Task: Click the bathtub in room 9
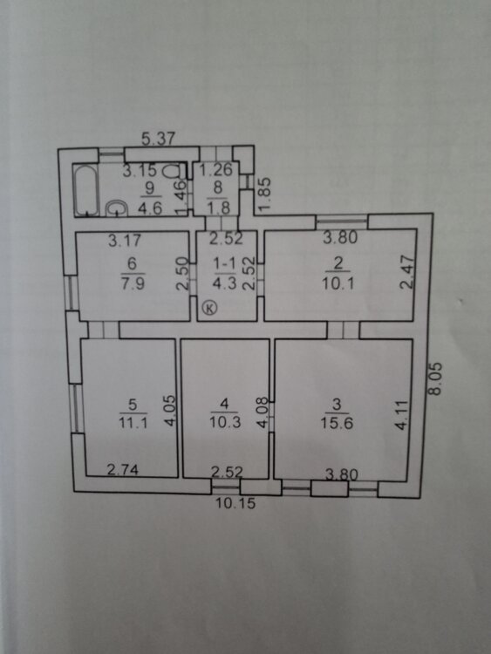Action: click(x=86, y=191)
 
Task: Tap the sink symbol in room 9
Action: click(x=116, y=208)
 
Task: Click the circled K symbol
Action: click(x=210, y=308)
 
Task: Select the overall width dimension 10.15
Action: click(x=235, y=503)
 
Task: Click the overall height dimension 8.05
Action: click(x=435, y=378)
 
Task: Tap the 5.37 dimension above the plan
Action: click(x=158, y=138)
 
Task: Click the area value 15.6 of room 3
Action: click(x=337, y=423)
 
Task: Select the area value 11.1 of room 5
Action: click(x=133, y=423)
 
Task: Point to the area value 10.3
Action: click(x=225, y=423)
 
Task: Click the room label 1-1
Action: click(x=224, y=263)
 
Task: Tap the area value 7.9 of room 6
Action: click(x=133, y=283)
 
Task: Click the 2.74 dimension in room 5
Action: click(x=123, y=470)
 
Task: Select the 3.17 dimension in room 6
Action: click(x=125, y=241)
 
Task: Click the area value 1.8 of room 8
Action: click(x=218, y=208)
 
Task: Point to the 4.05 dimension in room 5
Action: click(x=170, y=411)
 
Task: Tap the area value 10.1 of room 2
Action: click(x=338, y=283)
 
